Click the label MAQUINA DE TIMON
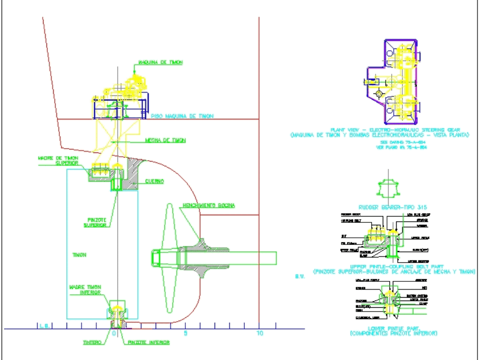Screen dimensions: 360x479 tap(160, 63)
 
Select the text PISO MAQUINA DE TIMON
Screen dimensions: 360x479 tap(182, 116)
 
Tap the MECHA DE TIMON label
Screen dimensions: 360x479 tap(165, 140)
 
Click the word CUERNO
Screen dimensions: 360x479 tap(155, 181)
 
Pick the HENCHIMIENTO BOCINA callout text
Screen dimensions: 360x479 tap(208, 206)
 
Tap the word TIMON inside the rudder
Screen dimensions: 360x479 tap(79, 255)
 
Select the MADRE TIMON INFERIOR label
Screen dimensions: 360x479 tap(85, 289)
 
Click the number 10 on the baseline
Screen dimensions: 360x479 tap(260, 333)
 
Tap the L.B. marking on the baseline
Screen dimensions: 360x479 tap(45, 326)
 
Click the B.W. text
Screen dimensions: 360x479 tap(300, 276)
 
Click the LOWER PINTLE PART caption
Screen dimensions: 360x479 tap(393, 329)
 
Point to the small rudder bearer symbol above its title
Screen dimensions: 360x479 tap(388, 187)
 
